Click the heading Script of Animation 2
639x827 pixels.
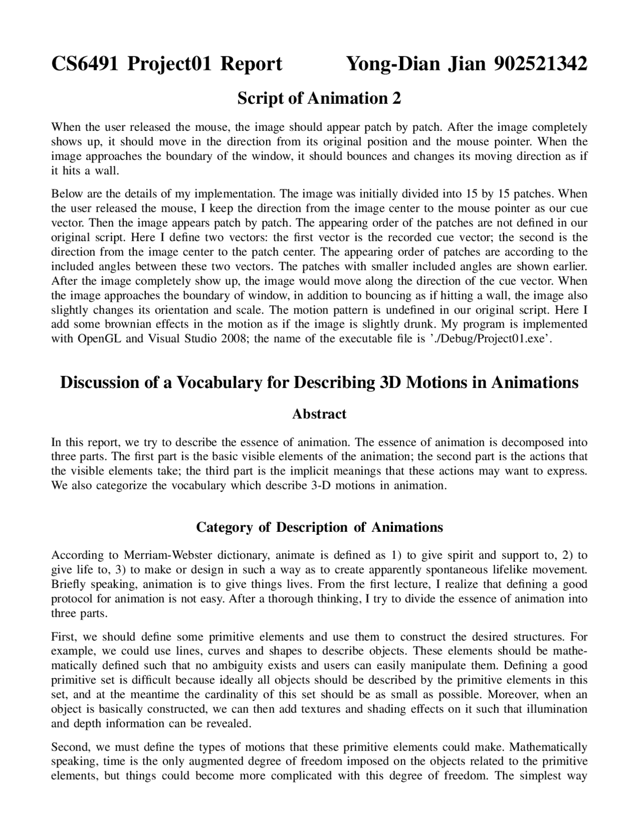tap(319, 98)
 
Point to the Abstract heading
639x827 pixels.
tap(319, 414)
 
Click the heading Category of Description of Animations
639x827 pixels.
tap(319, 527)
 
